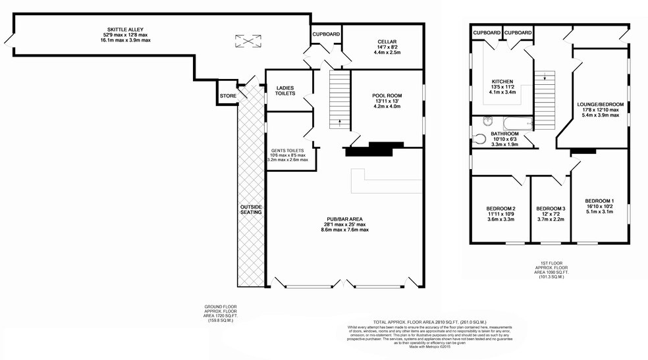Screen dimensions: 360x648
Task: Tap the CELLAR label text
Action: tap(387, 41)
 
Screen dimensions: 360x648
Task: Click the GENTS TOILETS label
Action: tap(287, 149)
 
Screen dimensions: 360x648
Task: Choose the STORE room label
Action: tap(228, 96)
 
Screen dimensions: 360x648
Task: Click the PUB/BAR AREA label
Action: tap(344, 219)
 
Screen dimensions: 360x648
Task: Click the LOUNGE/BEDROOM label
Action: tap(600, 105)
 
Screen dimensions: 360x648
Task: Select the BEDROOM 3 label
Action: tap(551, 209)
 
